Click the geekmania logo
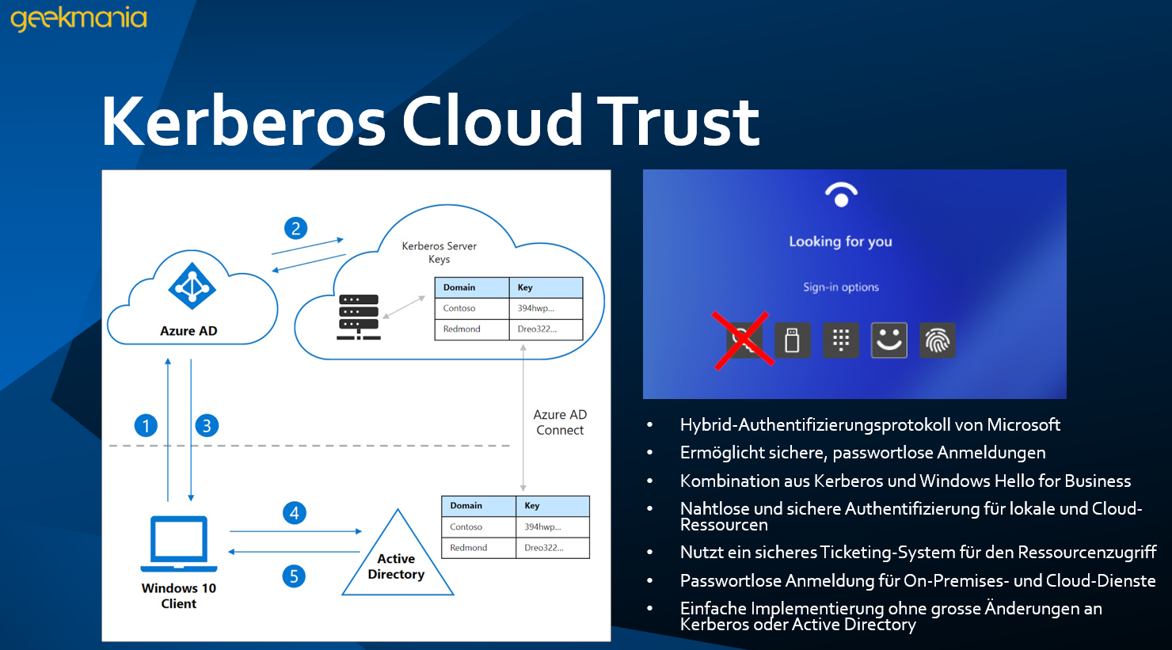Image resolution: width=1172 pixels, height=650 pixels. coord(78,17)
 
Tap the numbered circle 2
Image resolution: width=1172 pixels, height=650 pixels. coord(295,229)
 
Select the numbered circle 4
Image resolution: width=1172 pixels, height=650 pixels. coord(294,513)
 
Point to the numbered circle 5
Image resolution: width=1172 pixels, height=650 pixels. coord(294,576)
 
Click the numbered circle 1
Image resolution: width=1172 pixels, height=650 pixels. coord(146,426)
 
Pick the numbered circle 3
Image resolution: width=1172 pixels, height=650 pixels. coord(207,426)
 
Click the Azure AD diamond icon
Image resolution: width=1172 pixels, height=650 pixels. coord(192,286)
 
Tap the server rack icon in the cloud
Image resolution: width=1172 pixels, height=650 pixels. coord(358,317)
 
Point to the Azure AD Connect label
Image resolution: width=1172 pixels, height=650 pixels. coord(560,423)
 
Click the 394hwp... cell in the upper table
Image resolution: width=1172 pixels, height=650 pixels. coord(536,309)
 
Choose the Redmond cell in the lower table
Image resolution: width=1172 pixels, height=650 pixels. coord(469,548)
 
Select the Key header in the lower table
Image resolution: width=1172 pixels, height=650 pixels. coord(532,506)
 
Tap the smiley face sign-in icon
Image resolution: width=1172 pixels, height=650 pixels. coord(889,340)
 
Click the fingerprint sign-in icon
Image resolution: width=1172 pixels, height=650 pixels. coord(938,340)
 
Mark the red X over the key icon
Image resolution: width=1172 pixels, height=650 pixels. coord(743,340)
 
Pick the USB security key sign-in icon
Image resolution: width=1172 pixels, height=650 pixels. coord(792,340)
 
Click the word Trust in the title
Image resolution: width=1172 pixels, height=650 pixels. coord(678,122)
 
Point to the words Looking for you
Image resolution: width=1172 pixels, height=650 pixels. coord(840,241)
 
